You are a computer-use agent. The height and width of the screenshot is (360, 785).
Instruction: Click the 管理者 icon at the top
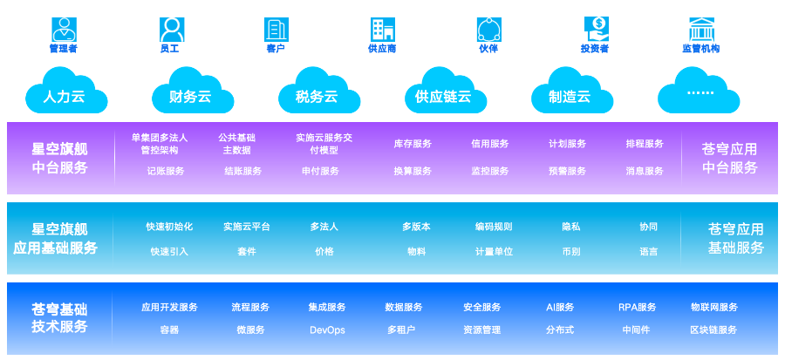pyautogui.click(x=64, y=29)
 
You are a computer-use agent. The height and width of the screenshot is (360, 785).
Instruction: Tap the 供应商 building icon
pyautogui.click(x=382, y=29)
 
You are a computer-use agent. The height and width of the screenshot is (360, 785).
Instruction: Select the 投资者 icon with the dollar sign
pyautogui.click(x=596, y=29)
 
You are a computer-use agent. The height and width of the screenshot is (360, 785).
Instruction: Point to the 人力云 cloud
pyautogui.click(x=65, y=92)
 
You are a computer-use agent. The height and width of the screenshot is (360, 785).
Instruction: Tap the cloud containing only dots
pyautogui.click(x=700, y=92)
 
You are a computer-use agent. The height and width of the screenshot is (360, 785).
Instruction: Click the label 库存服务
pyautogui.click(x=413, y=144)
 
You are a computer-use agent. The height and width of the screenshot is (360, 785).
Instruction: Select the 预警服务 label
pyautogui.click(x=567, y=171)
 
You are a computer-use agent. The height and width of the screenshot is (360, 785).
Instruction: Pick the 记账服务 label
pyautogui.click(x=166, y=171)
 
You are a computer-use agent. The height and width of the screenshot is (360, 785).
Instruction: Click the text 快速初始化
pyautogui.click(x=169, y=227)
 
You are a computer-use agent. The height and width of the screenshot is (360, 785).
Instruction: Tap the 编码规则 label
pyautogui.click(x=494, y=227)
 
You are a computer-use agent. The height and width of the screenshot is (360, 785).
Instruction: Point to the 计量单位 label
pyautogui.click(x=494, y=252)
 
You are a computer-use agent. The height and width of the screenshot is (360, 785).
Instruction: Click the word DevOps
pyautogui.click(x=327, y=330)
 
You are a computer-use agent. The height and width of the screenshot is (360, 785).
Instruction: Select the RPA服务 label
pyautogui.click(x=637, y=307)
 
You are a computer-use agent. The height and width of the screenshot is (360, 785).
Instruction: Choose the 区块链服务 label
pyautogui.click(x=713, y=330)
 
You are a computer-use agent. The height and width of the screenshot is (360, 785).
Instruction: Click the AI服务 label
pyautogui.click(x=560, y=307)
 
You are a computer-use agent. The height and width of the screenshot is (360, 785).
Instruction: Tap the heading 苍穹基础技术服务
pyautogui.click(x=60, y=317)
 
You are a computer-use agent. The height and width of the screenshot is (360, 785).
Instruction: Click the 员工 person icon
pyautogui.click(x=171, y=29)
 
